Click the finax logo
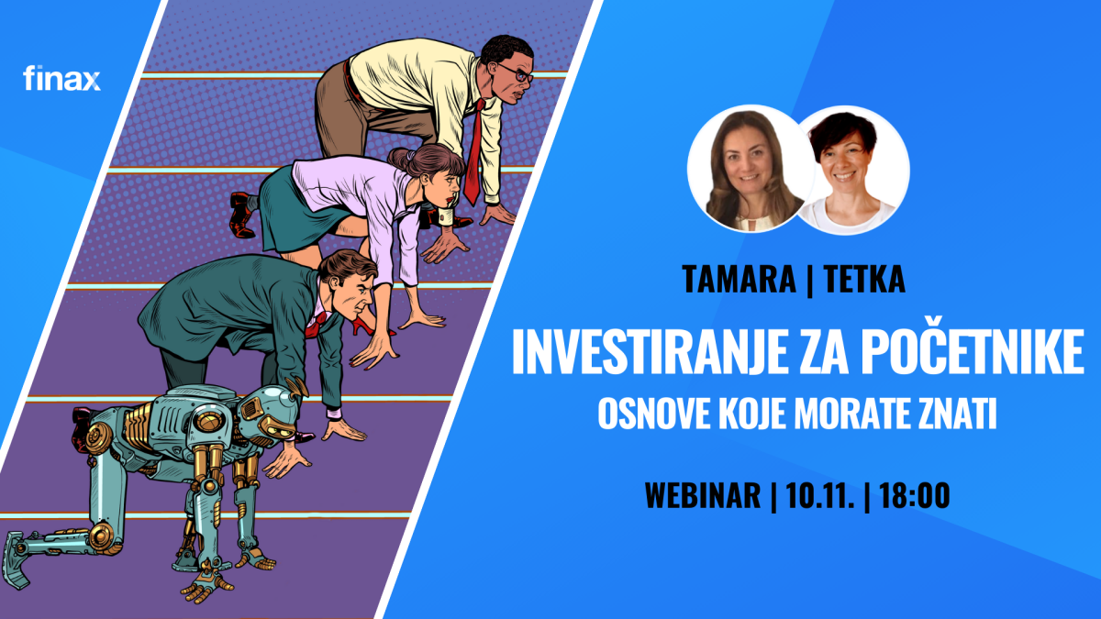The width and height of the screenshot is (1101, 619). pyautogui.click(x=62, y=78)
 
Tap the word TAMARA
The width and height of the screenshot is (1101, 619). pyautogui.click(x=739, y=279)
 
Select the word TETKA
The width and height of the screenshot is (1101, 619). pyautogui.click(x=864, y=279)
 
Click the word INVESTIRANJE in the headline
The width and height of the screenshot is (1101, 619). pyautogui.click(x=648, y=352)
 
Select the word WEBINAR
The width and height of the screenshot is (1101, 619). pyautogui.click(x=703, y=495)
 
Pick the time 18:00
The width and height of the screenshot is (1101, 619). pyautogui.click(x=914, y=495)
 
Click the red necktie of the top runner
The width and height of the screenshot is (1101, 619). pyautogui.click(x=473, y=151)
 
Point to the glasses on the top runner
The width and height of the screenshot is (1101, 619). pyautogui.click(x=517, y=73)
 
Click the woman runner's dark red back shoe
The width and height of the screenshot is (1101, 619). pyautogui.click(x=242, y=216)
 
